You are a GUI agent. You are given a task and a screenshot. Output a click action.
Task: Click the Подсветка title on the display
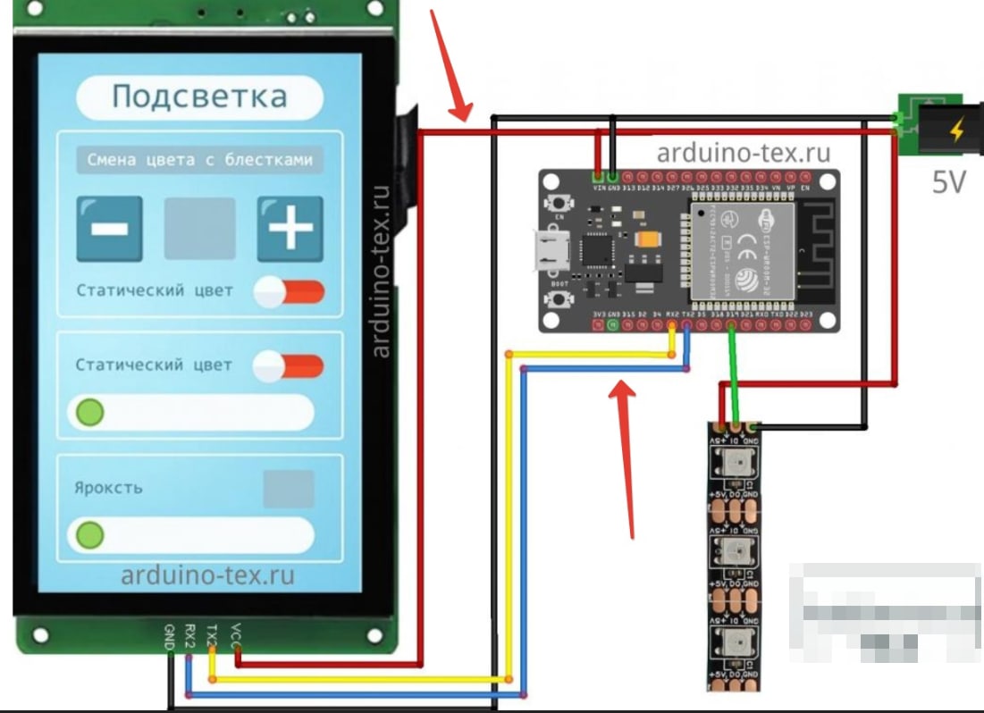click(x=198, y=96)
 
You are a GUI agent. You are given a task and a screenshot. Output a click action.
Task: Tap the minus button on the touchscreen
click(x=109, y=229)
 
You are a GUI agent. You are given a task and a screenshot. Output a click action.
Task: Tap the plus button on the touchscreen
click(x=290, y=229)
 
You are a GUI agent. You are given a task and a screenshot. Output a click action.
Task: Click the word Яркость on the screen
click(x=108, y=489)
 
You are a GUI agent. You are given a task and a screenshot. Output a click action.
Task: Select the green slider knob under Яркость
click(x=88, y=535)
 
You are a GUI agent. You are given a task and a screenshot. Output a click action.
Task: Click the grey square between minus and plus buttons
click(x=199, y=229)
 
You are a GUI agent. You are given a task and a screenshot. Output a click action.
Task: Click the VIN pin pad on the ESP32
click(x=598, y=176)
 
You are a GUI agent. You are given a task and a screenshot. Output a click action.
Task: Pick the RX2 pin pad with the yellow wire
click(x=671, y=326)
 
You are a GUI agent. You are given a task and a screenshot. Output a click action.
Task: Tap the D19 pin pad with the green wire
click(x=732, y=326)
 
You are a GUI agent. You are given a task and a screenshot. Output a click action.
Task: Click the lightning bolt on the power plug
click(x=956, y=132)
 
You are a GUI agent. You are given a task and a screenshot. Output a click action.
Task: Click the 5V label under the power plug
click(x=949, y=184)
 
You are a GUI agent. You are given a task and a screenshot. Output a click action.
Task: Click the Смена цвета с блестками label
click(x=199, y=161)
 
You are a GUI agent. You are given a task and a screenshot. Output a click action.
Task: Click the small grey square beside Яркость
click(x=289, y=489)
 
